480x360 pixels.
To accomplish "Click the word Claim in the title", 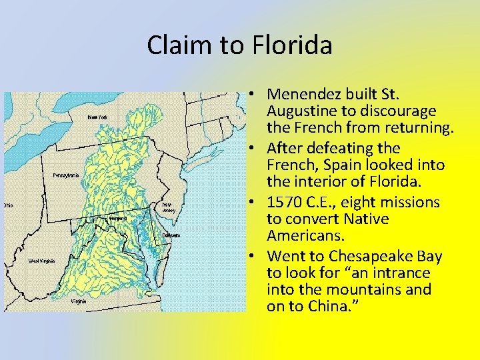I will pyautogui.click(x=175, y=45).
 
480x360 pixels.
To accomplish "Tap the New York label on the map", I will pyautogui.click(x=97, y=117).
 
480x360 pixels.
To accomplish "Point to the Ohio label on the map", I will pyautogui.click(x=7, y=205).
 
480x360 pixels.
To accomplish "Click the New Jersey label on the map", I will pyautogui.click(x=169, y=207).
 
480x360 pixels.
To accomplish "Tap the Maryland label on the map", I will pyautogui.click(x=118, y=218).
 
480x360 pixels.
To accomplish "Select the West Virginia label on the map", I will pyautogui.click(x=41, y=261).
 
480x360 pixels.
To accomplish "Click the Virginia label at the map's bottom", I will pyautogui.click(x=78, y=301).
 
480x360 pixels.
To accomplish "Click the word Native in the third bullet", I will pyautogui.click(x=375, y=219).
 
